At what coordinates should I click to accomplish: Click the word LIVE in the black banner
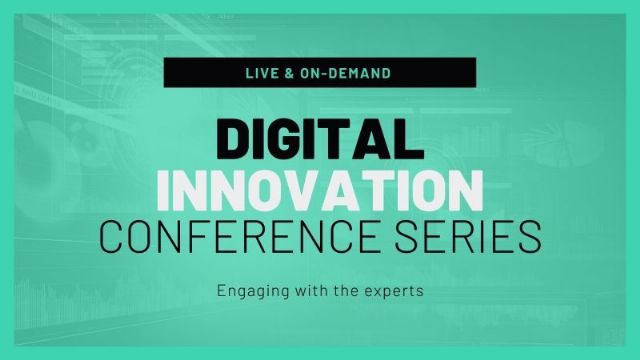pyautogui.click(x=259, y=74)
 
